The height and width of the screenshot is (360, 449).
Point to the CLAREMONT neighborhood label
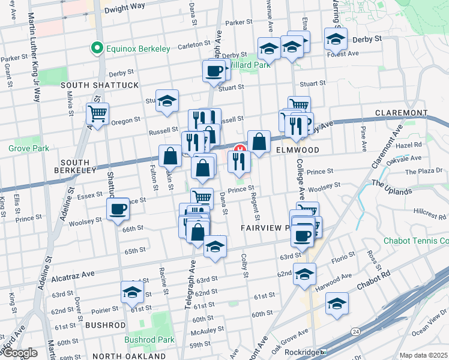click(400, 113)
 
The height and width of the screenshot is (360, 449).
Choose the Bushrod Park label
click(149, 340)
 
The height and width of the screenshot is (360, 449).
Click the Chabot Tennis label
click(416, 241)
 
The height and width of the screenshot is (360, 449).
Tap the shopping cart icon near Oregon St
click(97, 113)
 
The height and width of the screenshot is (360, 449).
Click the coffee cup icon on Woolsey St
click(118, 209)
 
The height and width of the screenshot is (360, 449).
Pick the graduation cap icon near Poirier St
click(132, 292)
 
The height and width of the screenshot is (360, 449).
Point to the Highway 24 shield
click(356, 331)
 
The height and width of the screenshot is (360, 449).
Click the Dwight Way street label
click(124, 10)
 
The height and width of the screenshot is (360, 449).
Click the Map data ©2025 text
click(423, 355)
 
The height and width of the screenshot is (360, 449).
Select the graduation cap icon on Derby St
click(336, 39)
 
